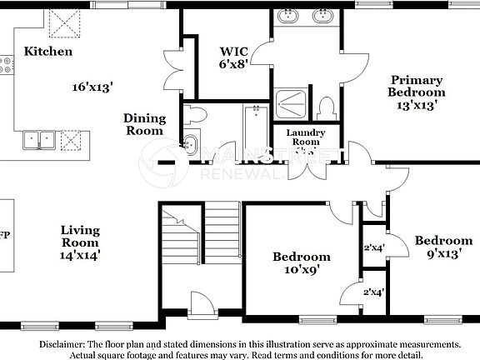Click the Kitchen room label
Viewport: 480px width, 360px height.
pyautogui.click(x=48, y=52)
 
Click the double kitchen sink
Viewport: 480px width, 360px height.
pyautogui.click(x=39, y=139)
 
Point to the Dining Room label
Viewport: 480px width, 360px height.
pyautogui.click(x=145, y=124)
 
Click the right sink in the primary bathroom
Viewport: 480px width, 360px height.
pyautogui.click(x=322, y=17)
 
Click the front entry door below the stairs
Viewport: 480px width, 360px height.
pyautogui.click(x=202, y=303)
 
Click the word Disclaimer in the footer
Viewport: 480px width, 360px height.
pyautogui.click(x=62, y=344)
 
